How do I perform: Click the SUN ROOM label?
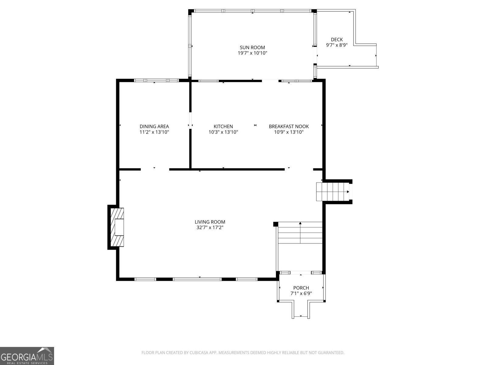pyautogui.click(x=252, y=47)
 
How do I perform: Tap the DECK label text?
pyautogui.click(x=337, y=40)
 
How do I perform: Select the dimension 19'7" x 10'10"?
pyautogui.click(x=252, y=53)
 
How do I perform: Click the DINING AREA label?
pyautogui.click(x=154, y=127)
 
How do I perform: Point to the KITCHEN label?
pyautogui.click(x=223, y=127)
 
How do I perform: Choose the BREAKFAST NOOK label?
pyautogui.click(x=289, y=127)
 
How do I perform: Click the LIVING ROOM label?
pyautogui.click(x=210, y=222)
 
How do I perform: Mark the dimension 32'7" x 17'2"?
pyautogui.click(x=210, y=228)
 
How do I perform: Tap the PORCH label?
pyautogui.click(x=301, y=288)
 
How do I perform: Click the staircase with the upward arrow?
pyautogui.click(x=300, y=233)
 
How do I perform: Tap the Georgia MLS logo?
pyautogui.click(x=27, y=356)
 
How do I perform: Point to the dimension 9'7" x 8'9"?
pyautogui.click(x=337, y=45)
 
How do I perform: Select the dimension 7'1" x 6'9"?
pyautogui.click(x=301, y=294)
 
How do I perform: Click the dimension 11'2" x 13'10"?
pyautogui.click(x=154, y=132)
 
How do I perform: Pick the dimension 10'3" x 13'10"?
pyautogui.click(x=223, y=132)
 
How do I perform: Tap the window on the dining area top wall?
pyautogui.click(x=156, y=81)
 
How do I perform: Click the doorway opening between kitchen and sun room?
pyautogui.click(x=270, y=81)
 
